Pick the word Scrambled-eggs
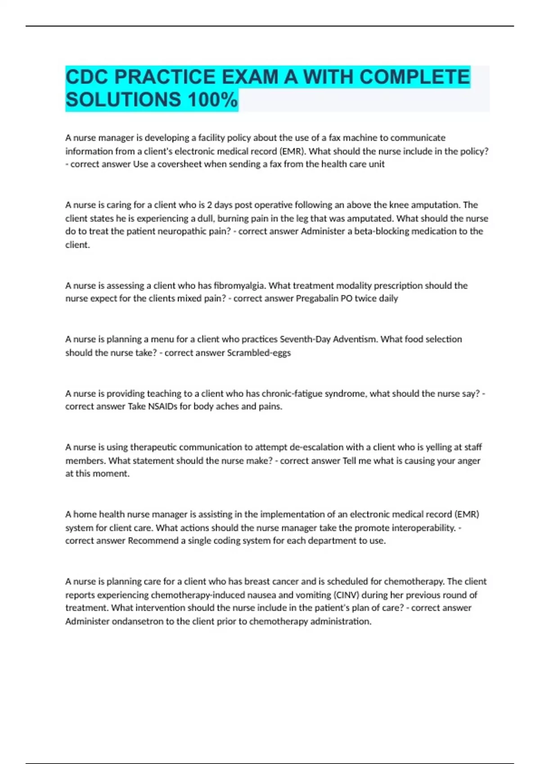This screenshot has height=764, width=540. pyautogui.click(x=259, y=353)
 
